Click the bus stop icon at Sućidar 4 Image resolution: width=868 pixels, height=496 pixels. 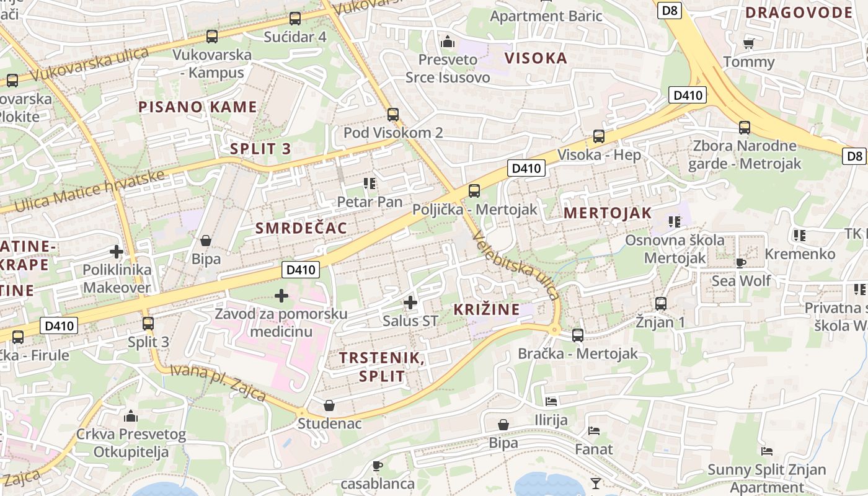coord(295,19)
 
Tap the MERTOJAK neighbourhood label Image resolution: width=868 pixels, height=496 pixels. coord(608,213)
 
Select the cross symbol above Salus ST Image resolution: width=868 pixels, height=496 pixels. coord(410,303)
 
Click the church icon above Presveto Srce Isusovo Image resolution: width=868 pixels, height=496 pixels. coord(447,42)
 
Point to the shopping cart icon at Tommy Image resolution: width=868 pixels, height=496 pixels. coord(748,43)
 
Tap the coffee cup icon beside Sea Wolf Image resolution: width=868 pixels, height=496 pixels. coord(740,263)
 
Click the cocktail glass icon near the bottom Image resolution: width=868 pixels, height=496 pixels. coord(595,483)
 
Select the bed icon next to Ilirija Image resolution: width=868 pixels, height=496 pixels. coord(551,402)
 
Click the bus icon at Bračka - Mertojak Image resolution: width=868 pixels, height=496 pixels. coord(577,335)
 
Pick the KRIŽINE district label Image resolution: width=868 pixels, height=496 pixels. coord(487,309)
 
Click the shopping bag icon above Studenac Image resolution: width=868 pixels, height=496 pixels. coord(329,405)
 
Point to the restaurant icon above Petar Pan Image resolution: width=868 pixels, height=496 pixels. coord(370,184)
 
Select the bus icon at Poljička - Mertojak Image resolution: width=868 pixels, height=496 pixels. coord(474,191)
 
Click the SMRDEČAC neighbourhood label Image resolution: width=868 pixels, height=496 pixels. coord(301,228)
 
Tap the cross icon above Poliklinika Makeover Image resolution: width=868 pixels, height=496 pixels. coord(116,252)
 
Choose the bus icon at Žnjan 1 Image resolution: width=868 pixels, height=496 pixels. coord(661,304)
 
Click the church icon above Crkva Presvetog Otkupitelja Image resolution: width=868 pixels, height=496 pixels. coord(131,415)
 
